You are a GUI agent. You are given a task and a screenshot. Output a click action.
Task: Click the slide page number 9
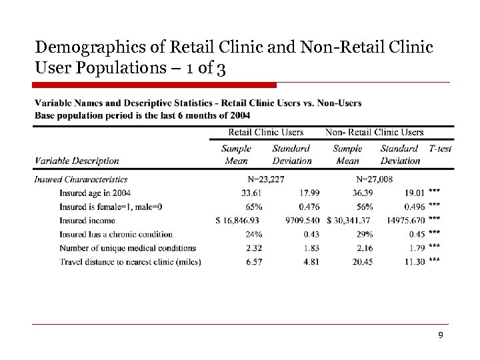tap(440, 335)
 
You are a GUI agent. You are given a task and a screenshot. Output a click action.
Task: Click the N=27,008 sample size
tap(374, 179)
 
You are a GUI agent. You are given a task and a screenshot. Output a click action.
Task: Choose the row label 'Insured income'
tap(87, 220)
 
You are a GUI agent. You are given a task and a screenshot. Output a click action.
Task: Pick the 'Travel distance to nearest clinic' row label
tap(129, 262)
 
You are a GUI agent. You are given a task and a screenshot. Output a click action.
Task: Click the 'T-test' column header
tap(440, 149)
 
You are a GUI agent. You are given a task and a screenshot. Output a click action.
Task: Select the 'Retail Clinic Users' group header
tap(265, 132)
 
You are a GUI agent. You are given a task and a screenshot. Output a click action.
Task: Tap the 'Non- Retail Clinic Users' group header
tap(374, 132)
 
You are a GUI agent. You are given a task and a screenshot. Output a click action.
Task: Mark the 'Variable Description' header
tap(77, 161)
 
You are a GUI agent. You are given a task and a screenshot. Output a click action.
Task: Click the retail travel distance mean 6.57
tap(253, 262)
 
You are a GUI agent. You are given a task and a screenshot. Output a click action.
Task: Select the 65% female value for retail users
tap(253, 207)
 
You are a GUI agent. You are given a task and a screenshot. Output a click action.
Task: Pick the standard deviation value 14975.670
tap(405, 220)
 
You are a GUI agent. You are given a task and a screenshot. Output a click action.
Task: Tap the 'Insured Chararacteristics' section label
tap(81, 179)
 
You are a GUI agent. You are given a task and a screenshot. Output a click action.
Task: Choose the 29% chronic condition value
tap(364, 234)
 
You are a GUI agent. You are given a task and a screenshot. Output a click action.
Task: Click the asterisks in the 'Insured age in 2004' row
tap(435, 191)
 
